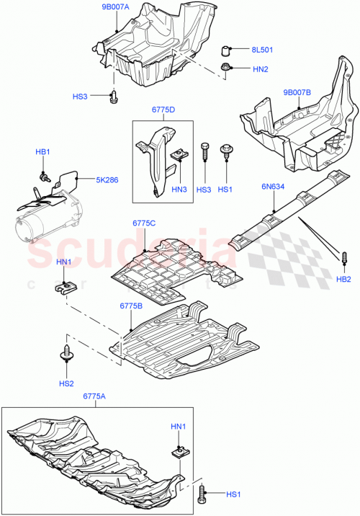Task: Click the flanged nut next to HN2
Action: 226,68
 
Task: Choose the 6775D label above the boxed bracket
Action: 163,110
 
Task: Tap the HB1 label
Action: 43,152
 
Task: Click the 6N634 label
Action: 274,186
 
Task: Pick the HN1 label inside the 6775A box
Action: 177,427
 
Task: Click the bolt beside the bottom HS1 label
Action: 202,494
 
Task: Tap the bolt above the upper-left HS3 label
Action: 113,96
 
